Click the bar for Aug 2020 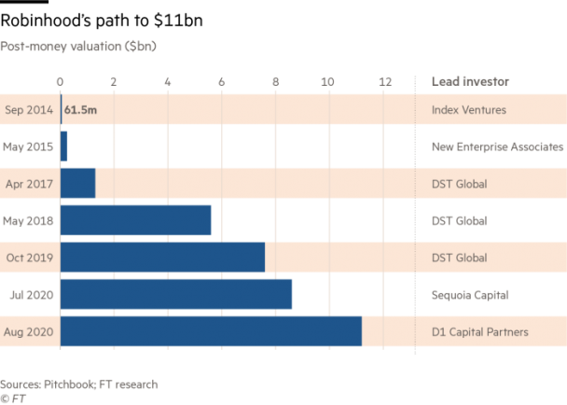[x=211, y=331]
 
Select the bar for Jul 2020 [x=176, y=294]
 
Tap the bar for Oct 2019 [x=162, y=257]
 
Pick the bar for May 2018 [x=136, y=220]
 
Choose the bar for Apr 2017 [x=77, y=183]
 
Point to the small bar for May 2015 [x=64, y=147]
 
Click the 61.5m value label [x=80, y=110]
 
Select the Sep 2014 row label [x=29, y=110]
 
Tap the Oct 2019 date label [x=29, y=258]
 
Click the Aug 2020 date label [x=29, y=331]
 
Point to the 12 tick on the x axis [x=384, y=81]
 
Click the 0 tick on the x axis [x=61, y=81]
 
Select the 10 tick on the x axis [x=327, y=81]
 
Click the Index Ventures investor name [x=468, y=110]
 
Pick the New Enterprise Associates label [x=497, y=147]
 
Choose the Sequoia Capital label [x=470, y=294]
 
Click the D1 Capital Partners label [x=479, y=331]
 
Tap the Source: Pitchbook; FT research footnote [x=78, y=384]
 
